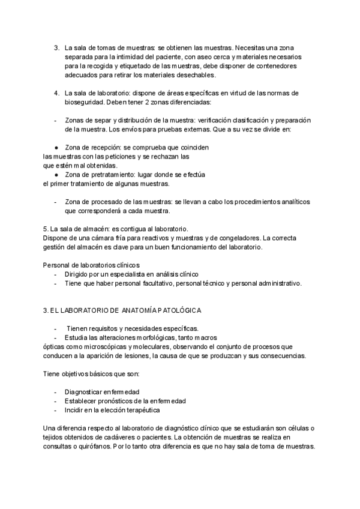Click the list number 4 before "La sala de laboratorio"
click(x=56, y=93)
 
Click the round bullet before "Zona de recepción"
click(x=56, y=147)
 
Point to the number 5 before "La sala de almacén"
click(x=46, y=229)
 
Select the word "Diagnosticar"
click(x=86, y=392)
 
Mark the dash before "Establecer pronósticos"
click(x=55, y=401)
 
